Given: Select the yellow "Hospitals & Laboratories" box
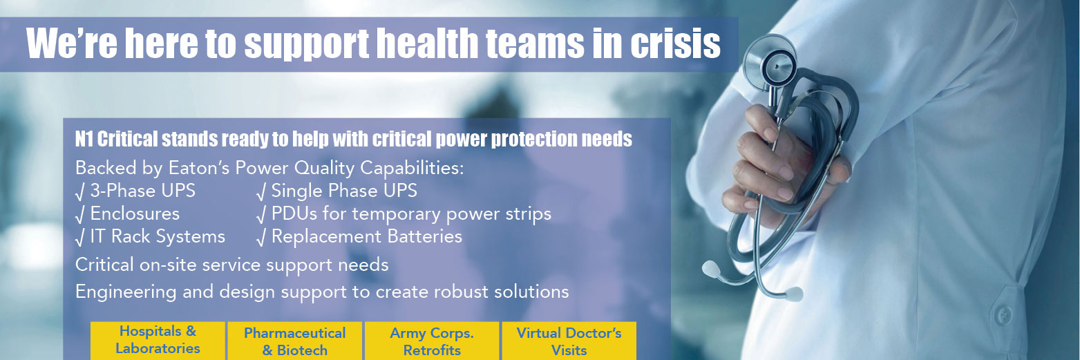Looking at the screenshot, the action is point(158,341).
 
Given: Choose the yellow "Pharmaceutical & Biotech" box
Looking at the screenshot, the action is point(294,341).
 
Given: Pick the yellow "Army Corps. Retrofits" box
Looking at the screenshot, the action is point(432,341).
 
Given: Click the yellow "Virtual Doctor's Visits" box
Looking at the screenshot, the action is point(569,341).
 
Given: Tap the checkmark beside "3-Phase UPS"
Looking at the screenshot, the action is point(80,192).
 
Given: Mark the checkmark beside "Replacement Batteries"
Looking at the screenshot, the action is point(261,238).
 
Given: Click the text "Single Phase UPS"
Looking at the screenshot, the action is point(344,191).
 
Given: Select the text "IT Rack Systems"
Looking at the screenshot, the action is point(158,236).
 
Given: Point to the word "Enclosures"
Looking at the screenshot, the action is point(135,214).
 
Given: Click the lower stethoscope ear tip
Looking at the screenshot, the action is point(792,294).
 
